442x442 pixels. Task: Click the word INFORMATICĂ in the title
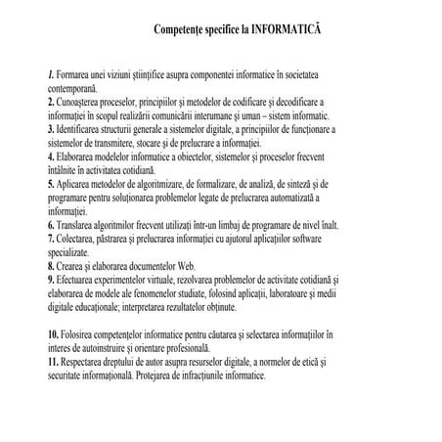pyautogui.click(x=285, y=30)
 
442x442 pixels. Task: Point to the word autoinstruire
pyautogui.click(x=122, y=348)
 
